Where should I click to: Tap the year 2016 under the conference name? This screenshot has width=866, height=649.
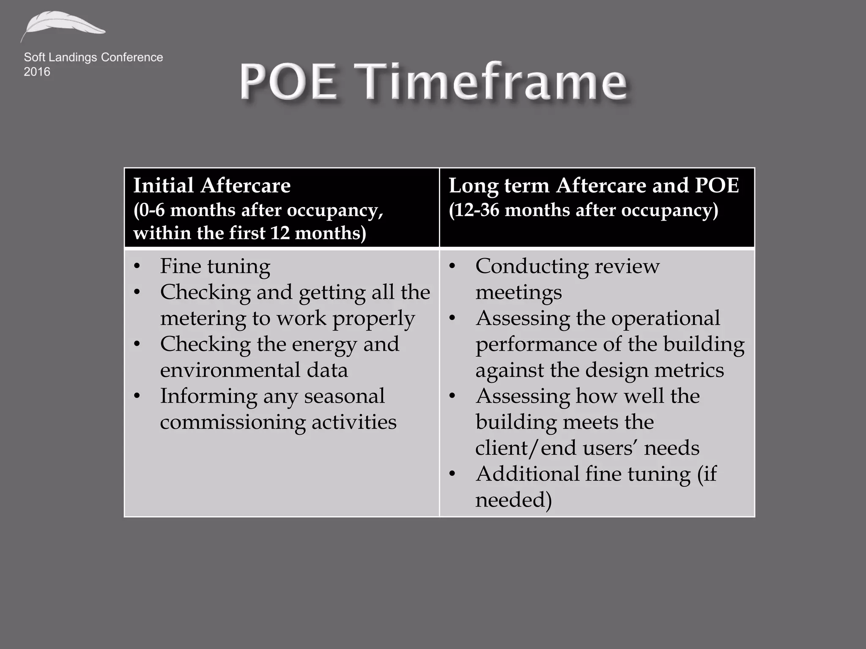(x=37, y=72)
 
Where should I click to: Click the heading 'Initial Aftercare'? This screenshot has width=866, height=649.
(x=212, y=185)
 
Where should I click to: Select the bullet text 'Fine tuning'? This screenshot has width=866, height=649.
(x=215, y=266)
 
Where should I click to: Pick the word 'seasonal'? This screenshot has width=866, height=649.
(x=344, y=396)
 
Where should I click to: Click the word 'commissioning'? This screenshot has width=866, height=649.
(x=232, y=422)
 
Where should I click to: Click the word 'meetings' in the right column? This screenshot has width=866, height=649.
(x=518, y=292)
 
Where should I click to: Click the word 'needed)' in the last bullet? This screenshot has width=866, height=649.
(x=513, y=500)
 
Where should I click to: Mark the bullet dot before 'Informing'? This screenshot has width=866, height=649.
(x=137, y=396)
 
